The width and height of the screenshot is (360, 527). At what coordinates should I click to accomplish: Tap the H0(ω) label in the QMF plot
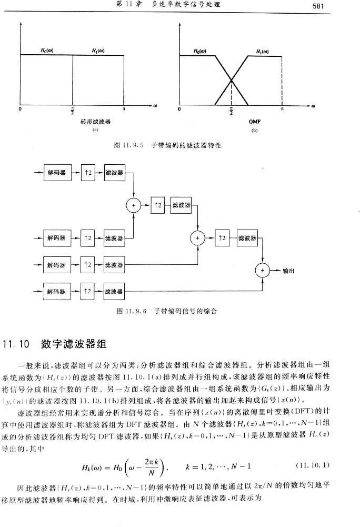[x=200, y=51]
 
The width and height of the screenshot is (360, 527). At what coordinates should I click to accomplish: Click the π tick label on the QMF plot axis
[x=282, y=109]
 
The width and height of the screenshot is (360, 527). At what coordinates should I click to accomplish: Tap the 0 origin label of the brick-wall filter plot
[x=19, y=110]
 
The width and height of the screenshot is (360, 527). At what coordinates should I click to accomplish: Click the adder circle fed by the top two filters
[x=134, y=205]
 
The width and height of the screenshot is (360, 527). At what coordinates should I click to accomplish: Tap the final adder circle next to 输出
[x=262, y=271]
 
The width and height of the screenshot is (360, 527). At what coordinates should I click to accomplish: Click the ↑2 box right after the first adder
[x=157, y=205]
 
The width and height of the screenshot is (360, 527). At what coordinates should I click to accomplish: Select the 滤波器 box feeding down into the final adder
[x=247, y=238]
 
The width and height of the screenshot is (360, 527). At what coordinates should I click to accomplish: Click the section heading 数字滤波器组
[x=74, y=345]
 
